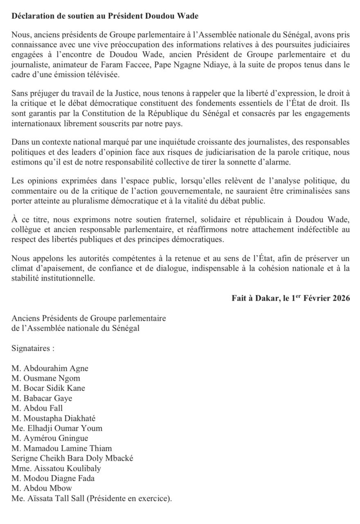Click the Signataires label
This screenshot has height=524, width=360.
coord(33,349)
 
